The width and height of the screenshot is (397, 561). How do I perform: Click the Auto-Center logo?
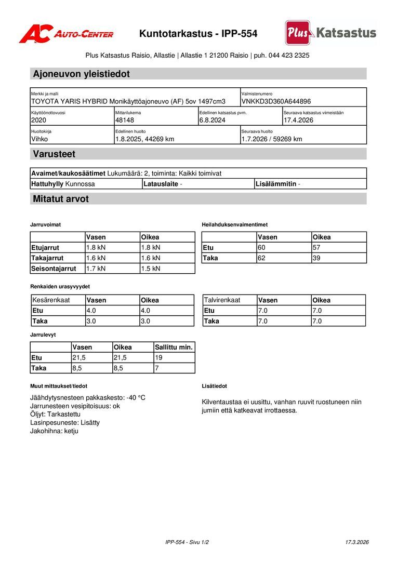click(x=66, y=34)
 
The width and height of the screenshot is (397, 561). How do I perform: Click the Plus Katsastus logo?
click(x=330, y=33)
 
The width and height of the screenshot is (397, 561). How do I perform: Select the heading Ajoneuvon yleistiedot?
click(x=81, y=74)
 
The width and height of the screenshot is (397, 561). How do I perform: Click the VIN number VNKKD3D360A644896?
click(x=276, y=101)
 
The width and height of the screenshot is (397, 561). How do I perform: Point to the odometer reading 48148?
click(x=125, y=120)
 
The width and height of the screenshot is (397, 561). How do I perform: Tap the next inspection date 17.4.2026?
click(x=299, y=120)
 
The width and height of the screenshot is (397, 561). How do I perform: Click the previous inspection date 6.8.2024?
click(x=213, y=120)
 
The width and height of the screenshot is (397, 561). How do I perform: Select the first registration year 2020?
click(x=39, y=120)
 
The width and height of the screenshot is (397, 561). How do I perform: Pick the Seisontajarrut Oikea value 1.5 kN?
click(x=151, y=269)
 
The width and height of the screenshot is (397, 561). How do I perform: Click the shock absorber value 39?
click(x=316, y=258)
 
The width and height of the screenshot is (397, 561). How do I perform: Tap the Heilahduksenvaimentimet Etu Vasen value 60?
click(x=261, y=247)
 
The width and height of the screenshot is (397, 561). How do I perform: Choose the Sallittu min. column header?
click(x=174, y=347)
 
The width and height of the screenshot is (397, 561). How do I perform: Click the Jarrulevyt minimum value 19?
click(x=158, y=357)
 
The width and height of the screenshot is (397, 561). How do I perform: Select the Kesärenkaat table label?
click(x=51, y=300)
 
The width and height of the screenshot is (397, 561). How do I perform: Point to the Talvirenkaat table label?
click(x=222, y=300)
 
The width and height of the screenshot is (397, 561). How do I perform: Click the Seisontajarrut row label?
click(x=54, y=269)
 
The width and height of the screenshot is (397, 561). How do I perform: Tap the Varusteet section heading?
click(x=54, y=154)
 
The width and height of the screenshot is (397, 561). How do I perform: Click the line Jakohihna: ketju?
click(x=54, y=431)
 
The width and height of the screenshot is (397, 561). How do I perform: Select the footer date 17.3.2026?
click(x=357, y=542)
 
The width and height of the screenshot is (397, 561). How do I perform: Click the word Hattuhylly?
click(x=47, y=184)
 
